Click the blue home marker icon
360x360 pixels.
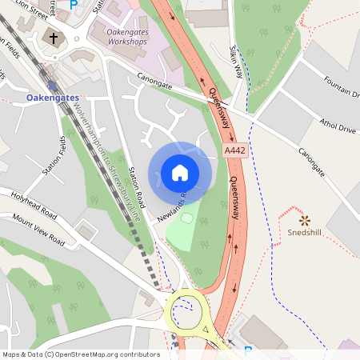(x=180, y=172)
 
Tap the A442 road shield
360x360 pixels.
(x=235, y=150)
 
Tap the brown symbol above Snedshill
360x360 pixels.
(x=304, y=219)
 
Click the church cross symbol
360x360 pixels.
(x=54, y=38)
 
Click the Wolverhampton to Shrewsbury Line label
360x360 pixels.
(x=107, y=160)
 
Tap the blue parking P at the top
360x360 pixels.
(x=74, y=5)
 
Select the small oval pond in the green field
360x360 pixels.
(x=187, y=218)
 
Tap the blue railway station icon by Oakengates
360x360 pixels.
(x=52, y=86)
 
